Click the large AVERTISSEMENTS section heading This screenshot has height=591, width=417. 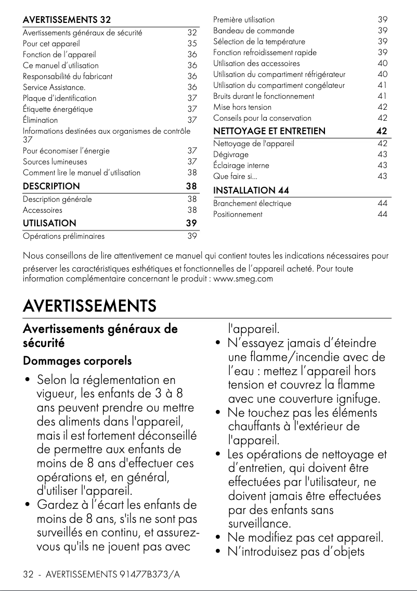[89, 305]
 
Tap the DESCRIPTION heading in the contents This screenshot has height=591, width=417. [51, 186]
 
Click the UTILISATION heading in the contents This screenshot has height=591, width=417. [49, 223]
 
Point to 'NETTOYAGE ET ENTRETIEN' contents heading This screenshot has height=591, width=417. [269, 131]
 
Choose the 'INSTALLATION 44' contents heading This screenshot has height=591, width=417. [251, 190]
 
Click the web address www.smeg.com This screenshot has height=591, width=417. [243, 279]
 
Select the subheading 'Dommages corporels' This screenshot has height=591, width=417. [77, 361]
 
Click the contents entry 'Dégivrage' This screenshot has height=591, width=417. [231, 155]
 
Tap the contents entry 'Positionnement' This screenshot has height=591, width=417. [238, 214]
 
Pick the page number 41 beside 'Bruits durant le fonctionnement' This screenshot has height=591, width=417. [382, 96]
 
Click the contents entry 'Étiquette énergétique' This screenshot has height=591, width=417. [58, 109]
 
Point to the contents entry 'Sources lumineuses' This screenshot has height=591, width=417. [55, 162]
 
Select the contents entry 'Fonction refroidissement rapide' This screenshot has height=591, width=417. [265, 53]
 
